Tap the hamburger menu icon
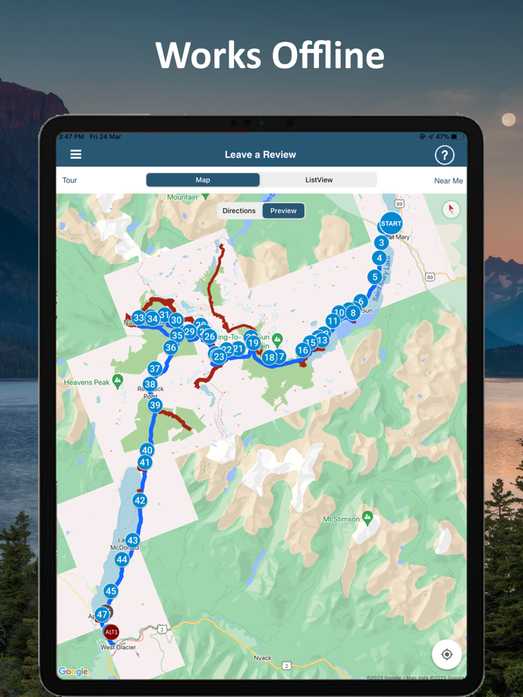click(x=75, y=154)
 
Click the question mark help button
click(x=445, y=154)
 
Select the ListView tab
click(x=319, y=180)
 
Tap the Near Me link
click(x=448, y=181)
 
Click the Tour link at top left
click(x=69, y=181)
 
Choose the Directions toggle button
click(x=239, y=210)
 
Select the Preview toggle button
click(x=283, y=210)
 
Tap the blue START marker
click(x=391, y=223)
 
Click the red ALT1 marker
click(x=111, y=632)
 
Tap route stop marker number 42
click(x=140, y=501)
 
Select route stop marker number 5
click(x=374, y=277)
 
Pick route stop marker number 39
click(x=155, y=405)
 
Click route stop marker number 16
click(x=303, y=350)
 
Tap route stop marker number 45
click(x=111, y=591)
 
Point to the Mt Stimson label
click(x=341, y=519)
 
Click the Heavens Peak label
click(x=87, y=383)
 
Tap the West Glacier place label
click(x=118, y=647)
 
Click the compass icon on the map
click(x=450, y=210)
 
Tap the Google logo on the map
click(x=73, y=672)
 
